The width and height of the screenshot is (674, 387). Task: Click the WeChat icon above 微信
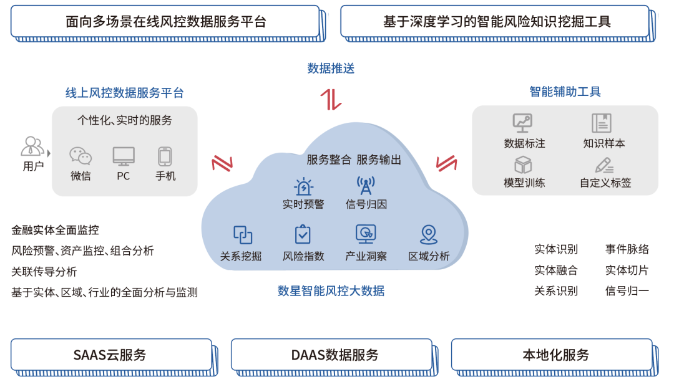tap(81, 156)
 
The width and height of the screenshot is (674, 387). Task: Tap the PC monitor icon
tap(124, 156)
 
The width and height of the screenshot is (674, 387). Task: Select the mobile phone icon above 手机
tap(165, 156)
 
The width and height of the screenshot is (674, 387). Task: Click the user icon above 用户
tap(32, 147)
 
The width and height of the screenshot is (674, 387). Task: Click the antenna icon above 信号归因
tap(366, 186)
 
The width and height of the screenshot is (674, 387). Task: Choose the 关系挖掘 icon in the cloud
tap(242, 234)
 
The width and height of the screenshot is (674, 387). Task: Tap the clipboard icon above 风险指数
tap(303, 234)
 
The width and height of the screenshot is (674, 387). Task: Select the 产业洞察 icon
tap(366, 234)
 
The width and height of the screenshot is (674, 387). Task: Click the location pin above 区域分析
tap(428, 234)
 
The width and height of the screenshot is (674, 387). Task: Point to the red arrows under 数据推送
tap(331, 100)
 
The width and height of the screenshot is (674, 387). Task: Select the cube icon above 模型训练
tap(523, 165)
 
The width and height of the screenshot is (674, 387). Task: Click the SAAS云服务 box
tap(110, 355)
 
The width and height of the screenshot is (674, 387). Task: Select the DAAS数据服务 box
tap(331, 355)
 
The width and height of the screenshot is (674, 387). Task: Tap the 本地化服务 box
tap(552, 355)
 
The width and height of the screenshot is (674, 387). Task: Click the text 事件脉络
tap(627, 249)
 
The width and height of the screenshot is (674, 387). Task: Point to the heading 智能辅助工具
tap(565, 92)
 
